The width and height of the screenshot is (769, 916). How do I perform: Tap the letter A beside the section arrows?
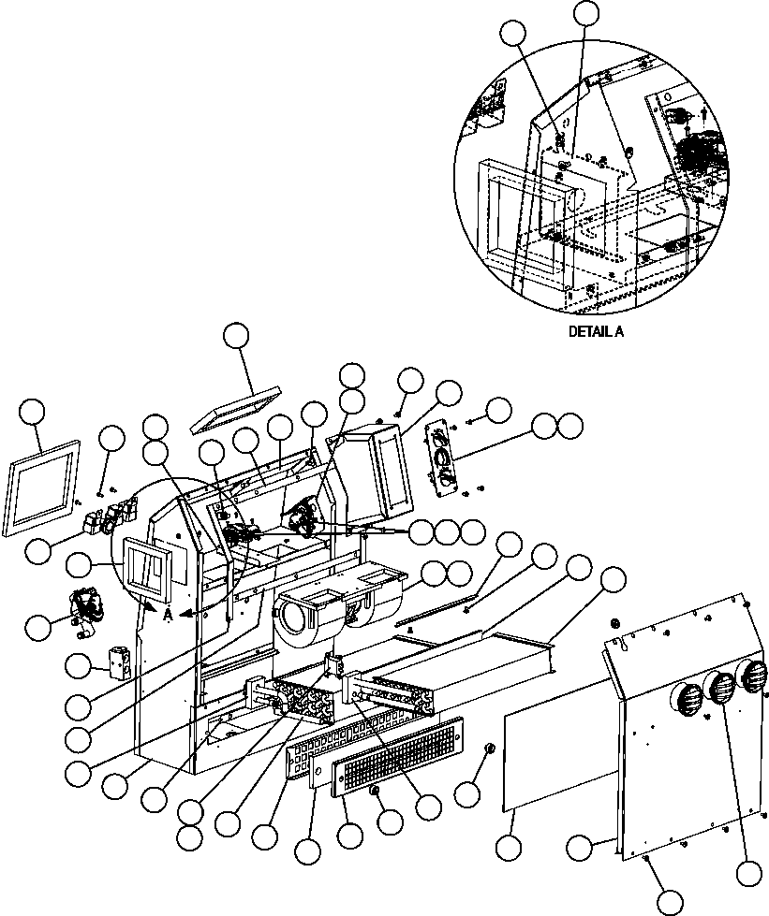[167, 614]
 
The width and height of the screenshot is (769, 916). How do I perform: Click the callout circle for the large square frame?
[34, 412]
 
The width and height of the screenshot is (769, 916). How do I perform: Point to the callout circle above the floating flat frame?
[238, 337]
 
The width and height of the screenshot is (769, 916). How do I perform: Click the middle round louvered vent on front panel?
[720, 690]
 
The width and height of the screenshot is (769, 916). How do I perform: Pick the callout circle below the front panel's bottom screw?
[670, 901]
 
